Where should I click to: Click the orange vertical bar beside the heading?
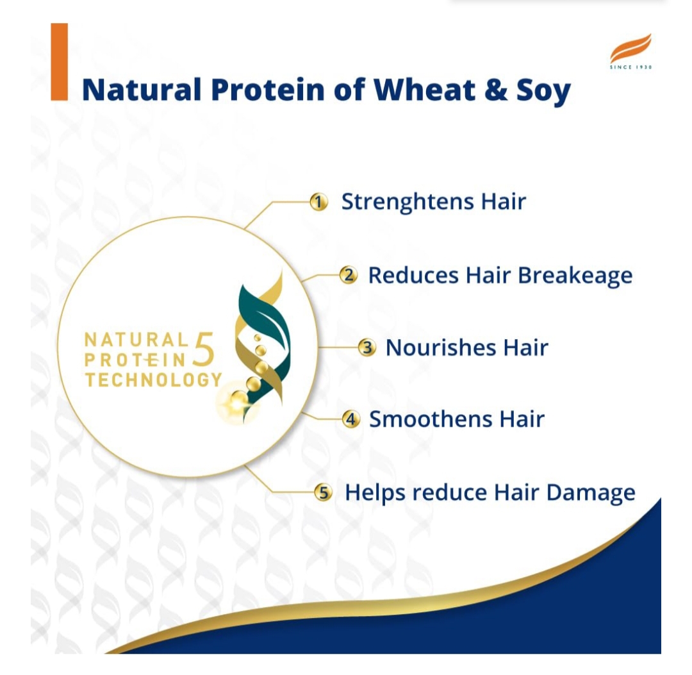[59, 62]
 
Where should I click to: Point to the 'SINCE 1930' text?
[630, 67]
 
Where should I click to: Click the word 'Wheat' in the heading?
[425, 90]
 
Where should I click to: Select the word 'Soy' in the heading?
[544, 92]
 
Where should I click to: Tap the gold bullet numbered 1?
[318, 202]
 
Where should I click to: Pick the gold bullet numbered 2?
[349, 275]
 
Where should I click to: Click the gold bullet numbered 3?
[367, 347]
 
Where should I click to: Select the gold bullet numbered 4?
[351, 419]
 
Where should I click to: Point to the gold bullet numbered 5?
[324, 492]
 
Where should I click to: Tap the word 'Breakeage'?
[575, 276]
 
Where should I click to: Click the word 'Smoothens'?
[431, 419]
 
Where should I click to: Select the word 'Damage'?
[591, 494]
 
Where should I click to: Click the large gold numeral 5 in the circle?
[204, 349]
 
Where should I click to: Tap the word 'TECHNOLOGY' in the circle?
[153, 380]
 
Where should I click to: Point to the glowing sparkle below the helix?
[238, 403]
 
